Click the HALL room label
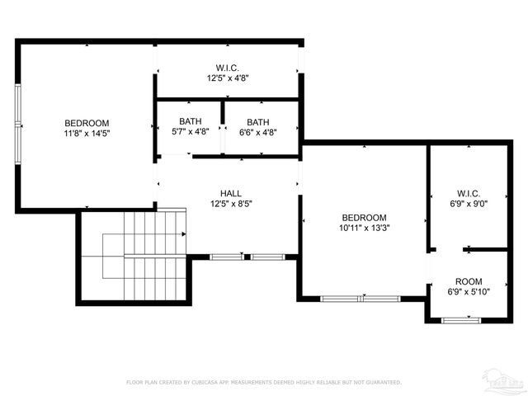point(230,193)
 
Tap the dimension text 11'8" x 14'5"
point(87,133)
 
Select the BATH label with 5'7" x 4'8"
point(190,122)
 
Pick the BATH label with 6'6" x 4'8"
point(258,122)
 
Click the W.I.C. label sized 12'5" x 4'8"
point(228,68)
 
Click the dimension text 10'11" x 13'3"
point(364,228)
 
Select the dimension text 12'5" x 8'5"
point(230,204)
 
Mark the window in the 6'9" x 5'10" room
point(462,319)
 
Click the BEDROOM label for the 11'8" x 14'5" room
point(87,123)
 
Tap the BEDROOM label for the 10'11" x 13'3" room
point(364,218)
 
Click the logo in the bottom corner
point(503,380)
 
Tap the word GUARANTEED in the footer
point(384,383)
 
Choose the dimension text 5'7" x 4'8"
point(190,131)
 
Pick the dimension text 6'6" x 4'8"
point(258,131)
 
